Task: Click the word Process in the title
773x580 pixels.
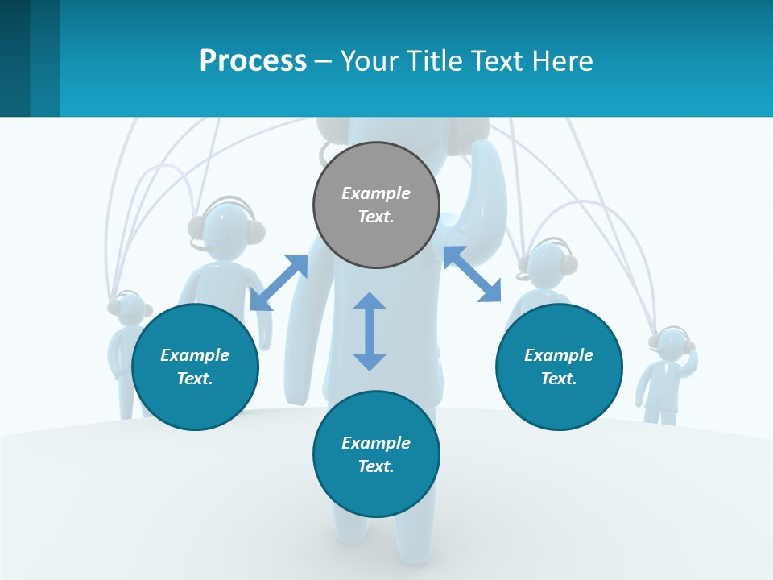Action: click(x=253, y=60)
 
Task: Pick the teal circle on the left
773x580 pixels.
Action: click(x=195, y=367)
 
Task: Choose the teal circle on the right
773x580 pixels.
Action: click(x=559, y=367)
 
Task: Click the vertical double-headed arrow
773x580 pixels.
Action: click(x=370, y=331)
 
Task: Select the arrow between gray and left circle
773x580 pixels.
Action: click(x=279, y=283)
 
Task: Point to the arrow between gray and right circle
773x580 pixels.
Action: click(x=472, y=274)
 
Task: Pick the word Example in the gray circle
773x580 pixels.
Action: click(x=376, y=193)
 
